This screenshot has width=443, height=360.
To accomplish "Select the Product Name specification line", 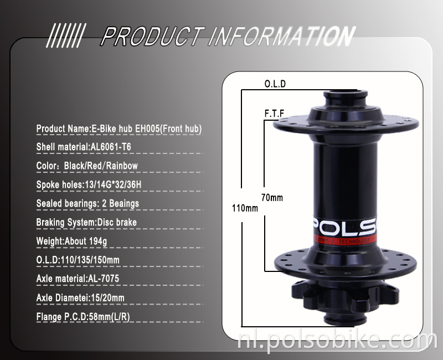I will (119, 129).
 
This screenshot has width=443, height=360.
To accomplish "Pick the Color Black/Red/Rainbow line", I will (87, 166).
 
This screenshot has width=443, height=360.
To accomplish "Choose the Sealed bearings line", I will (87, 203).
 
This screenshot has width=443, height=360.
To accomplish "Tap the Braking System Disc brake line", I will (86, 222).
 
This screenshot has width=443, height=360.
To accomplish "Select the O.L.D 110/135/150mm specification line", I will (78, 260).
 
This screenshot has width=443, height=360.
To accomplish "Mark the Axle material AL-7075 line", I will (78, 279).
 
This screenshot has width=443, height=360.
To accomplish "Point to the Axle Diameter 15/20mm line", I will (80, 297).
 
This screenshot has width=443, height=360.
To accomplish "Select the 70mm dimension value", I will (272, 198).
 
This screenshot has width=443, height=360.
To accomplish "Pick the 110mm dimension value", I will (245, 209).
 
